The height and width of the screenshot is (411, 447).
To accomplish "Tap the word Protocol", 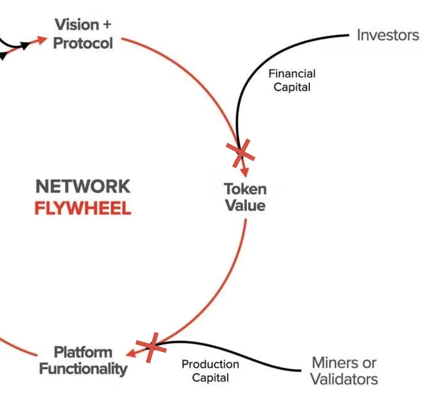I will [x=83, y=43].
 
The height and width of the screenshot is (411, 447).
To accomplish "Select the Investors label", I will [x=388, y=35].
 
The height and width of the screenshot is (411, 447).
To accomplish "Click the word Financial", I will [x=292, y=74].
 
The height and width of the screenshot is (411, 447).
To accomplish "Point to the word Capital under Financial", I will [x=292, y=87].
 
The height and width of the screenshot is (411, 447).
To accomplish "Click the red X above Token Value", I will [x=240, y=153].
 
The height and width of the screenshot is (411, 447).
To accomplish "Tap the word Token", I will [x=245, y=189].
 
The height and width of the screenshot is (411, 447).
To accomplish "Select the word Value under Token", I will [x=245, y=205].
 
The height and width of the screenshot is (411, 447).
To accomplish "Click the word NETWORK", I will [x=83, y=187].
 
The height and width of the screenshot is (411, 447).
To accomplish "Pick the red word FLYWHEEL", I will [x=83, y=209].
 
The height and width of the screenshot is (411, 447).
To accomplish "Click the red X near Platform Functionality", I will [x=151, y=347].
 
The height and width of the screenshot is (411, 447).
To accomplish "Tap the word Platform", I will [x=83, y=352].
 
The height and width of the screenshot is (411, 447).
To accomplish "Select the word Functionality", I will [x=83, y=369].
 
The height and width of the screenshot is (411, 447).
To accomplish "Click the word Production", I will [x=210, y=365].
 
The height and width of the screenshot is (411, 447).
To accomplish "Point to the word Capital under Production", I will [x=210, y=378].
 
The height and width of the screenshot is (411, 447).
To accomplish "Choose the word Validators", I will [x=344, y=379].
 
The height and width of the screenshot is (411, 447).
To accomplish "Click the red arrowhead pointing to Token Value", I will [x=245, y=172].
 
